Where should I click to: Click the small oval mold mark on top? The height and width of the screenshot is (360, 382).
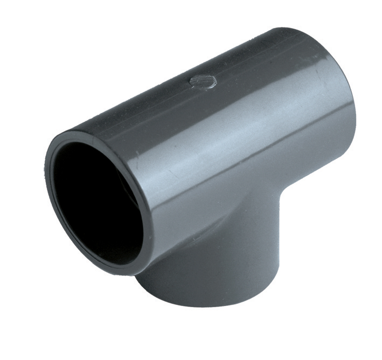(x=203, y=81)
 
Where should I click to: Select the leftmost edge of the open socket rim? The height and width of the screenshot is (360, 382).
(x=47, y=178)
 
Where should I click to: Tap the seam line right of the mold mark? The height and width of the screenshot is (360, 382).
(x=269, y=65)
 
